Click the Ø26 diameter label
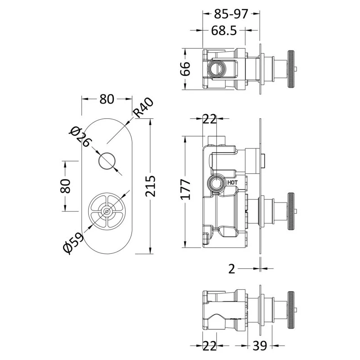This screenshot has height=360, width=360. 81,136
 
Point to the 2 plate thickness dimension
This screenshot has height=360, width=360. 232,269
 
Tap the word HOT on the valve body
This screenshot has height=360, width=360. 232,183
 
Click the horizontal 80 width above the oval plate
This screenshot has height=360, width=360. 106,99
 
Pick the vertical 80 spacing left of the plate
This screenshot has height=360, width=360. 66,185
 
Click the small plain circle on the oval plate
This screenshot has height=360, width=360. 106,161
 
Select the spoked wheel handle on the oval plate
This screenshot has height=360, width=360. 106,211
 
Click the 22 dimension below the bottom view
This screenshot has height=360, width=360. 209,345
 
